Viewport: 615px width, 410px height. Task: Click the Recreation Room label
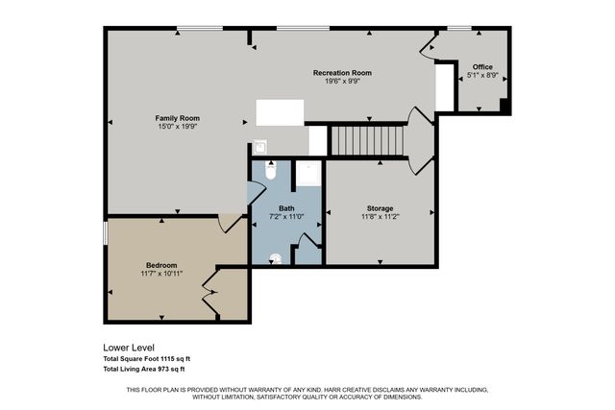[342, 73]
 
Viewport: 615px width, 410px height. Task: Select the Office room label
[481, 66]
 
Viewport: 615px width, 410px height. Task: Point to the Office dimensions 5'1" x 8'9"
[481, 75]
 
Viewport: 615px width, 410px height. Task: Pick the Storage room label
[380, 208]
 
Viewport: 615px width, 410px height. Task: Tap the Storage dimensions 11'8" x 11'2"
[380, 217]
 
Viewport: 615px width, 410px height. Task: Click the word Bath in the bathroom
[286, 208]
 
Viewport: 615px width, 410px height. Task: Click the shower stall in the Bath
[308, 174]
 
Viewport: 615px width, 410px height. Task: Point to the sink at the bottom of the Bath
[276, 257]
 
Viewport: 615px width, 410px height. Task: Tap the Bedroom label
[161, 265]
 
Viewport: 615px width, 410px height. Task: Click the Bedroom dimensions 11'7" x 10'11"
[161, 274]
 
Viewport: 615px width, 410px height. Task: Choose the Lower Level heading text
[129, 348]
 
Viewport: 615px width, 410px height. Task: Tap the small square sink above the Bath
[258, 148]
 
